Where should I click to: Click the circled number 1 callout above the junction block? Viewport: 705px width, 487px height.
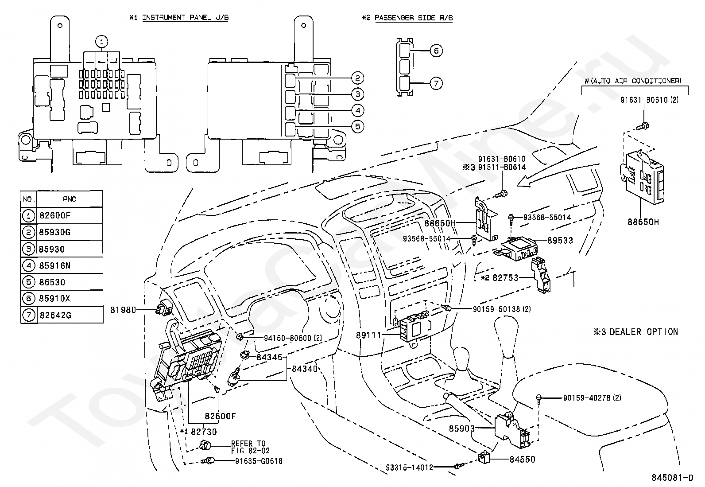click(x=101, y=41)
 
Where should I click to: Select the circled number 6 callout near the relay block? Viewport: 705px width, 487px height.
click(x=436, y=51)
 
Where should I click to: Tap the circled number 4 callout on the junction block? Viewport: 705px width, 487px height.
click(x=357, y=110)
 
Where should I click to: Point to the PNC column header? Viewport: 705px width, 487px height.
click(x=69, y=199)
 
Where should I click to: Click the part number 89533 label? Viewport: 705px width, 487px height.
click(x=560, y=240)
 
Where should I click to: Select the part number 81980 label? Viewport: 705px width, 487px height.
click(x=123, y=310)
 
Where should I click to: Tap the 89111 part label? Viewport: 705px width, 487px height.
click(x=368, y=335)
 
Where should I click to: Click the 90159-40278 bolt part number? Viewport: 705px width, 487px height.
click(x=592, y=398)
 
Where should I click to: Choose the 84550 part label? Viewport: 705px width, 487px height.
click(x=522, y=459)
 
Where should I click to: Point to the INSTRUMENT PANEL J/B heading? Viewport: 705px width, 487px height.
click(x=185, y=18)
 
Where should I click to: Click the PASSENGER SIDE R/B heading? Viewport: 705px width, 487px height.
click(x=414, y=18)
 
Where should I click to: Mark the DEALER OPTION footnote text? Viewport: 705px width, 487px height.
click(x=643, y=332)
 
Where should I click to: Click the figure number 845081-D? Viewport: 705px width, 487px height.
click(x=672, y=478)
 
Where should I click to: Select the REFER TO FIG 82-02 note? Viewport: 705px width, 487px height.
click(x=250, y=447)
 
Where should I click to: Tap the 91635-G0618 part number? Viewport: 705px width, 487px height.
click(x=259, y=461)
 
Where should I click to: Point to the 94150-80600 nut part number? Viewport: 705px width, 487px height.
click(x=293, y=338)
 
